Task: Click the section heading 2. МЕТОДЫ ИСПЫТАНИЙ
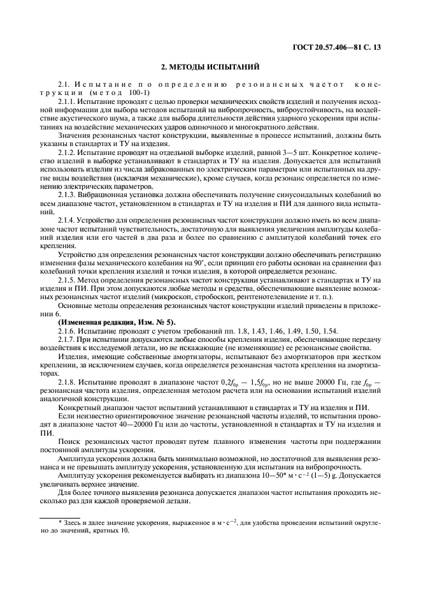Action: (210, 67)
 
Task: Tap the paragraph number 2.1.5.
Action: (68, 281)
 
